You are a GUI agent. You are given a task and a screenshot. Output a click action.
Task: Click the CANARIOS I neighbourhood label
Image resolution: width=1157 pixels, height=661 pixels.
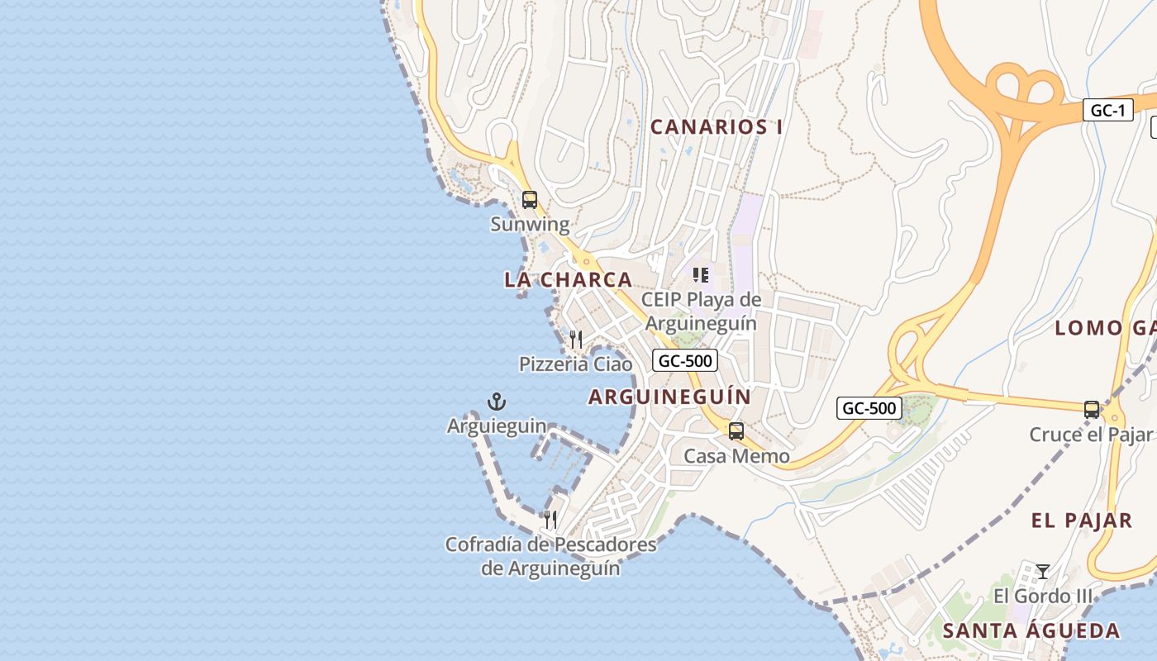[x=717, y=127]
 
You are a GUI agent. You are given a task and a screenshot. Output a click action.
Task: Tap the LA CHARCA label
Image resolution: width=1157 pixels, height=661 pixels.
[x=568, y=280]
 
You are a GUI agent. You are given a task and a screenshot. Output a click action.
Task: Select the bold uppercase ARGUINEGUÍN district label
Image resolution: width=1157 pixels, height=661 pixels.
[x=669, y=397]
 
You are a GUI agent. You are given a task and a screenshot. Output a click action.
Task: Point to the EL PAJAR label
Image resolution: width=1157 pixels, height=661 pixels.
[x=1082, y=521]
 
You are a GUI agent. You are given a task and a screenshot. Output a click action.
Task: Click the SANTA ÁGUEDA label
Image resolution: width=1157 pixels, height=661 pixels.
[x=1031, y=631]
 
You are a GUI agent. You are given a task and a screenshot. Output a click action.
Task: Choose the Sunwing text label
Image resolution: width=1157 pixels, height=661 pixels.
[x=530, y=224]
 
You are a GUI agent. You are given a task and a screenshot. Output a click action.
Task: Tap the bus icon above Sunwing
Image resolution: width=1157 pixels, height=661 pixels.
[x=530, y=200]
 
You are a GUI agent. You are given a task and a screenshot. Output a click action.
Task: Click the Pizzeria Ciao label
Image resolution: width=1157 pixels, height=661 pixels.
[x=575, y=364]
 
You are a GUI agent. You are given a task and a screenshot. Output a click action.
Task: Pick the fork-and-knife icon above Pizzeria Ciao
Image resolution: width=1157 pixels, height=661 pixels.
[x=576, y=340]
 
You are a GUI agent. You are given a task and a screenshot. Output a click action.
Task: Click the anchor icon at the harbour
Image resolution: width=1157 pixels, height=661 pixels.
[x=497, y=402]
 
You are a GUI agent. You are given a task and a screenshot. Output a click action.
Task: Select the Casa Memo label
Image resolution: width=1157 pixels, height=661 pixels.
[x=736, y=456]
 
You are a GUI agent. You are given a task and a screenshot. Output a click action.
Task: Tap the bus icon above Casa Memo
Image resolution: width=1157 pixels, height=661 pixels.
[x=736, y=431]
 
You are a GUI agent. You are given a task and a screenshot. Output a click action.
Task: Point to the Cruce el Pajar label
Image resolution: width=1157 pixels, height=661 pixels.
[x=1090, y=435]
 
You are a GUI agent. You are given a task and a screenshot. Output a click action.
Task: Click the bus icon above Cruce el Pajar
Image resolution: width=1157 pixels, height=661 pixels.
[x=1092, y=410]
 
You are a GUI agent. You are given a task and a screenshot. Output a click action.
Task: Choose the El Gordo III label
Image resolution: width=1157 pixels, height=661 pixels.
[x=1043, y=596]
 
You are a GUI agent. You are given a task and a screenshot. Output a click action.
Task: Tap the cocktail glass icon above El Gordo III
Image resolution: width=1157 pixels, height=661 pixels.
[x=1043, y=572]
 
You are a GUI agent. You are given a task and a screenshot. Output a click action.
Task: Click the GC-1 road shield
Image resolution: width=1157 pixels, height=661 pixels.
[x=1107, y=111]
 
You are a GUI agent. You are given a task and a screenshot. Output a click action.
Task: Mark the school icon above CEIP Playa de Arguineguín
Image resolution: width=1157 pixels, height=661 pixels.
[x=701, y=275]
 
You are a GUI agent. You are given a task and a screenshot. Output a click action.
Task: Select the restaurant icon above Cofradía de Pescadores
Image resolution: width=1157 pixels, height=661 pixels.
[x=550, y=520]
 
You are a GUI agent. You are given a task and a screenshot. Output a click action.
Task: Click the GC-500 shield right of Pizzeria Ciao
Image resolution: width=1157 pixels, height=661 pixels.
[x=684, y=360]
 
